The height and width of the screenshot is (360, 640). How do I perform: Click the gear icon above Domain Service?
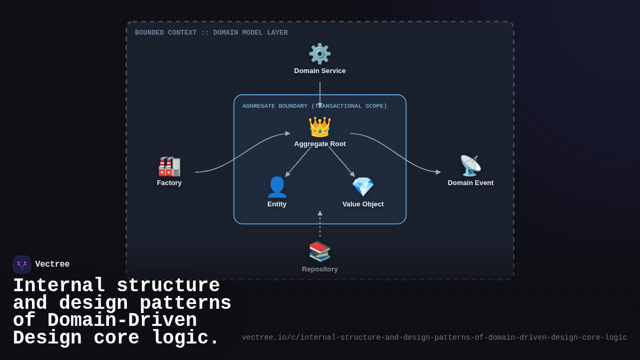point(319,54)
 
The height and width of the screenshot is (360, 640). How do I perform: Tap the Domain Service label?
point(319,71)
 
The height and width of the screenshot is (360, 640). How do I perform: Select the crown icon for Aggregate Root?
point(319,127)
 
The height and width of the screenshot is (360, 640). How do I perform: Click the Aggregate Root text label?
point(319,144)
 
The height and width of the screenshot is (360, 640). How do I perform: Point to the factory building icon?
point(169,166)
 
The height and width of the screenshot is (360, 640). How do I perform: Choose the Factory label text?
point(169,183)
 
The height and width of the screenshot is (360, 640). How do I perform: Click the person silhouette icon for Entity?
point(277,187)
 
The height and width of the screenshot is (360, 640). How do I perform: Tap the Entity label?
point(277,204)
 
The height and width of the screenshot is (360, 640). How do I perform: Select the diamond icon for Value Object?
point(363,187)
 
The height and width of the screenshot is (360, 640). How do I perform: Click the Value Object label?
point(363,204)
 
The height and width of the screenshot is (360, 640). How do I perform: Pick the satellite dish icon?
point(470,166)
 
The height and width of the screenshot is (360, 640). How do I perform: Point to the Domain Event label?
point(470,183)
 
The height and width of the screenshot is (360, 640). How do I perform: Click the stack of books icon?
point(319,251)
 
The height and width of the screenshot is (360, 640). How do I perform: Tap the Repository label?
point(319,269)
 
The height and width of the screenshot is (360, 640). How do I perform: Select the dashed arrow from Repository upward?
point(320,225)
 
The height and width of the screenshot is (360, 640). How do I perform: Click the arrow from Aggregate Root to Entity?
point(299,161)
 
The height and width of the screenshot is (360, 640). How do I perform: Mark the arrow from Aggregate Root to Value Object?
point(341,161)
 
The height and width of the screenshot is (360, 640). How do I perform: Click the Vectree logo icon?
point(22,265)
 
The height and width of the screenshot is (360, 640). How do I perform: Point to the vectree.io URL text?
point(434,338)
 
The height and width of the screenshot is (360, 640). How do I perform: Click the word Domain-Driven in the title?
point(122,321)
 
